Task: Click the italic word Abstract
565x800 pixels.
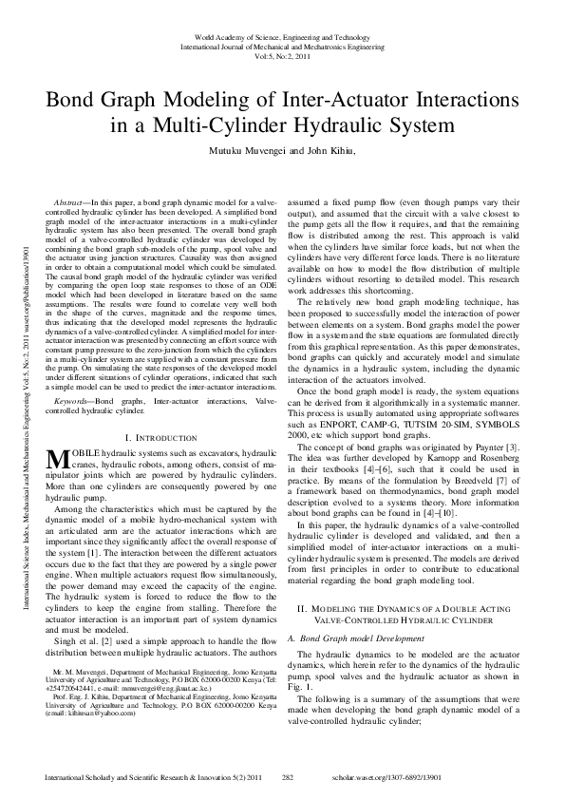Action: [69, 203]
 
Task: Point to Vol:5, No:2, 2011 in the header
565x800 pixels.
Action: [282, 55]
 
